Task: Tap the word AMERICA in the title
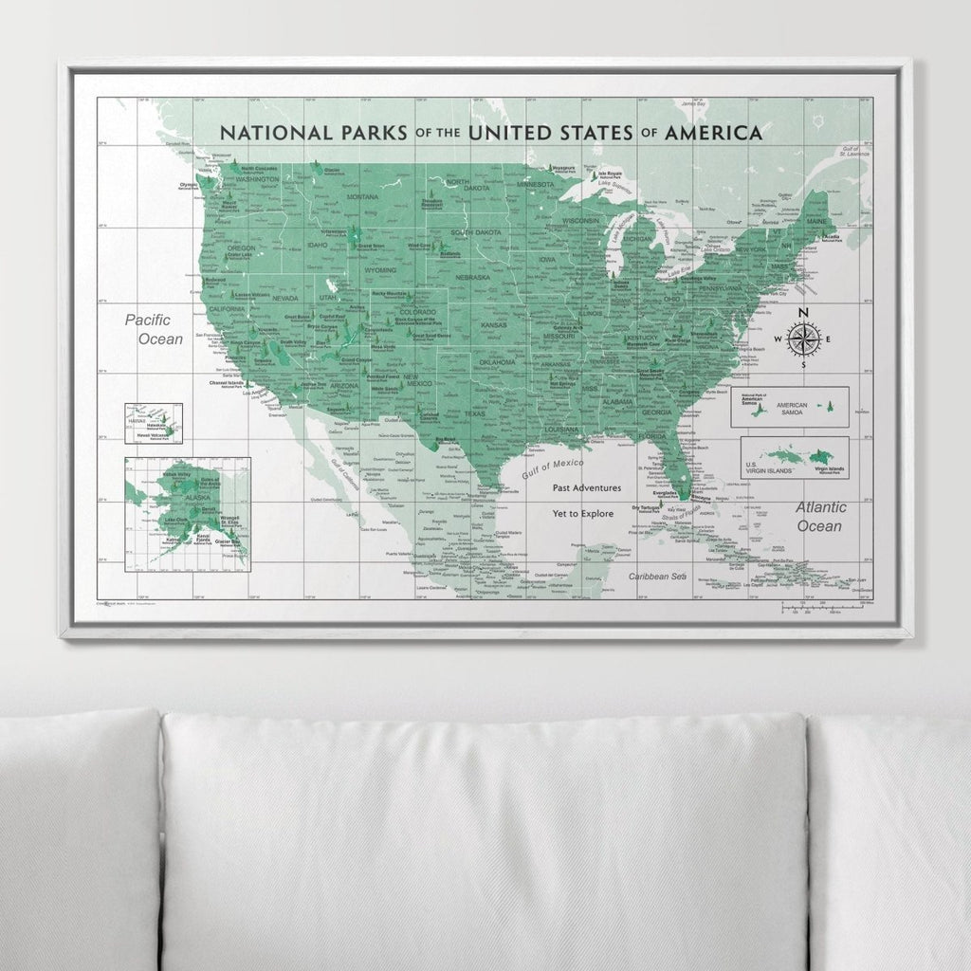(x=713, y=133)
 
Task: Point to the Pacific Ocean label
(x=153, y=329)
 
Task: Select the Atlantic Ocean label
(x=819, y=517)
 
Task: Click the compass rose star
(x=803, y=339)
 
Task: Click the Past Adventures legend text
(x=587, y=487)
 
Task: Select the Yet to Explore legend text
(x=584, y=513)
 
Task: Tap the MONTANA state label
(x=362, y=196)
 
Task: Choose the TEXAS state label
(x=474, y=413)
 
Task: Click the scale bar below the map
(x=825, y=608)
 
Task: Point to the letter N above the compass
(x=803, y=313)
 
